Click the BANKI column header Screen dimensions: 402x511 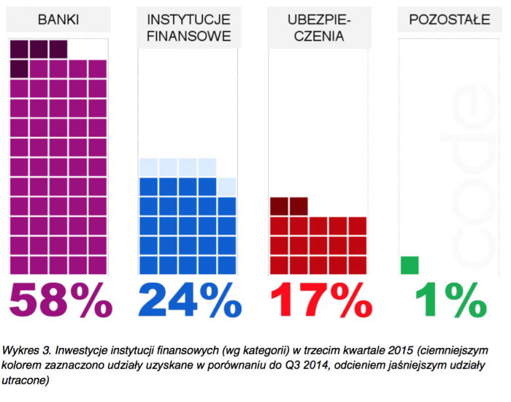(x=58, y=20)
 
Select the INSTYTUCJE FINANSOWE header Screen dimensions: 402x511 (x=188, y=27)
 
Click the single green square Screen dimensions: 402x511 (x=410, y=265)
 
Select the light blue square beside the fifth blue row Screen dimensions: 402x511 (x=227, y=186)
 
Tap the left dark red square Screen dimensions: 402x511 (x=279, y=206)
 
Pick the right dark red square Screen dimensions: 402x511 (x=299, y=206)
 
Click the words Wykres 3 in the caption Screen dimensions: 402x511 (x=26, y=347)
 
